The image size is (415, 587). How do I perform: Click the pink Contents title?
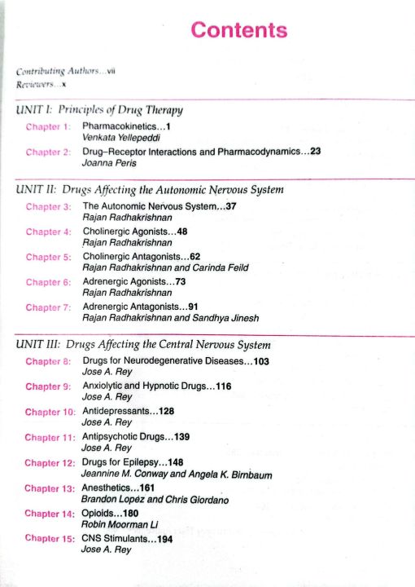pyautogui.click(x=238, y=31)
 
